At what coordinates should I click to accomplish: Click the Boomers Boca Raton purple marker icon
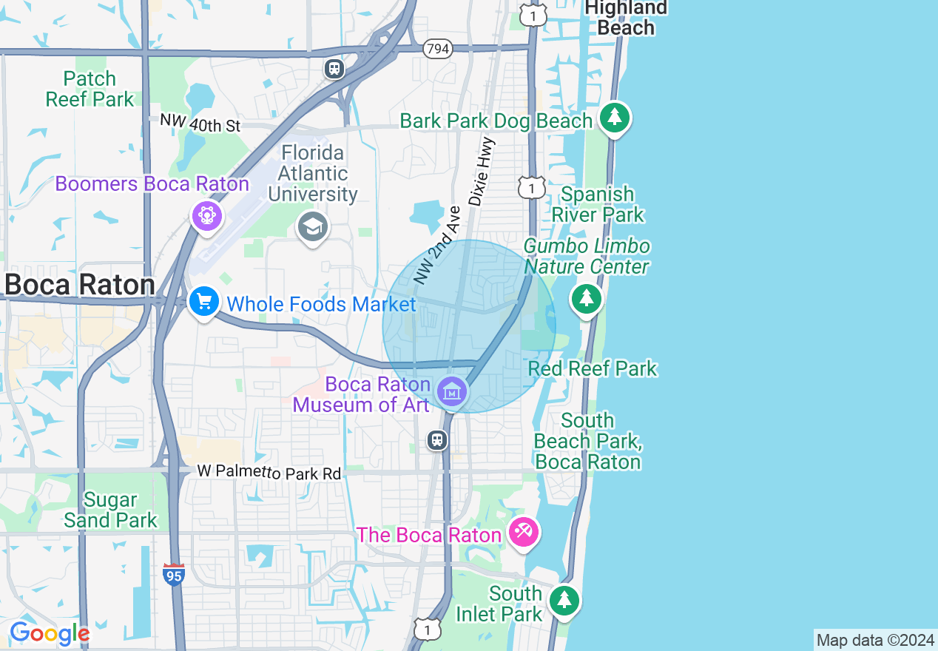click(207, 215)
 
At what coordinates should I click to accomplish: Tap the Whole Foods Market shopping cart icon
click(203, 301)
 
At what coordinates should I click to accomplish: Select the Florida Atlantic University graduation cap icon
click(313, 226)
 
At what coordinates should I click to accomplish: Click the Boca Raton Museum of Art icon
click(451, 391)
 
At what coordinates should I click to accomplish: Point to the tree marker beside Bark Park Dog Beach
click(614, 117)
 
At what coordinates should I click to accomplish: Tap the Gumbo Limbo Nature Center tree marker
click(587, 298)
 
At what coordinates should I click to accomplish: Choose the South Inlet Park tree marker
click(564, 598)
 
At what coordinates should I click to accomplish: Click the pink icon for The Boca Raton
click(524, 531)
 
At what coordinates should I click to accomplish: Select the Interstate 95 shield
click(174, 575)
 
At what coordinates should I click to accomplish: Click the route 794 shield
click(438, 49)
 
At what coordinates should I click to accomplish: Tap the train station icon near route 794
click(334, 69)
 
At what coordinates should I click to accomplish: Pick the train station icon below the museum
click(437, 441)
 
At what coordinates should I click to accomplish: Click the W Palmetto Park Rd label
click(269, 472)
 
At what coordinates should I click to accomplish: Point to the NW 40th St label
click(200, 123)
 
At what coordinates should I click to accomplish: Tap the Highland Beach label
click(626, 18)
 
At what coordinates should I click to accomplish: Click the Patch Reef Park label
click(90, 89)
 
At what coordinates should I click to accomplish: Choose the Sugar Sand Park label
click(110, 510)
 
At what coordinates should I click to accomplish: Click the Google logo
click(49, 633)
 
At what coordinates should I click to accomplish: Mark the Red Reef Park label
click(593, 368)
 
